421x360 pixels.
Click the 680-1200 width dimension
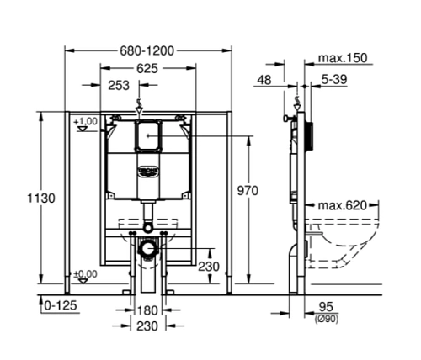(x=147, y=50)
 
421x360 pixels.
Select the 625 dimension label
(x=147, y=68)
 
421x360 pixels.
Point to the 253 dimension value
(x=118, y=85)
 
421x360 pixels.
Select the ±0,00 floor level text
(x=85, y=273)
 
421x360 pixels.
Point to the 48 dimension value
(x=266, y=80)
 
